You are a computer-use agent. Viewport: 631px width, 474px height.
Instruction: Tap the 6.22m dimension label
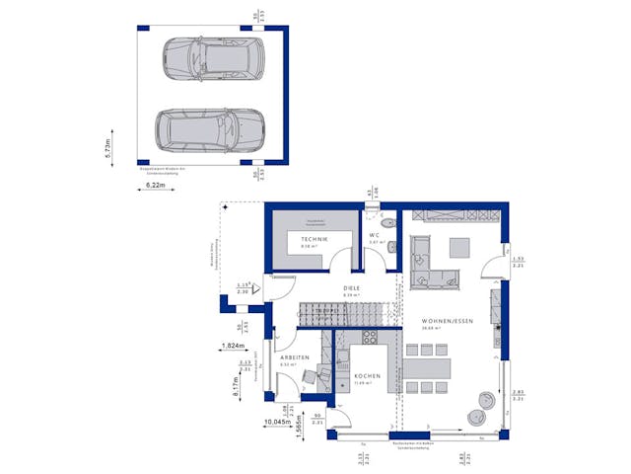(x=155, y=185)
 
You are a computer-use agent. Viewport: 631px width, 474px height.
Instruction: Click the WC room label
(x=375, y=235)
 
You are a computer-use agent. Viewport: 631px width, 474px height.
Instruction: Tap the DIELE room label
(x=351, y=288)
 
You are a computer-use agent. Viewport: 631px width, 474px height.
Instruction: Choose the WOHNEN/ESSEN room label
(x=447, y=322)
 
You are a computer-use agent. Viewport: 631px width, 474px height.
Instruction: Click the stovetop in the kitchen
(x=370, y=336)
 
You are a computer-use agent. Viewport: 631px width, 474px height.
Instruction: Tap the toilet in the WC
(x=392, y=248)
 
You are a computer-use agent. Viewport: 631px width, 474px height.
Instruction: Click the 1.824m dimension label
(x=233, y=347)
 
